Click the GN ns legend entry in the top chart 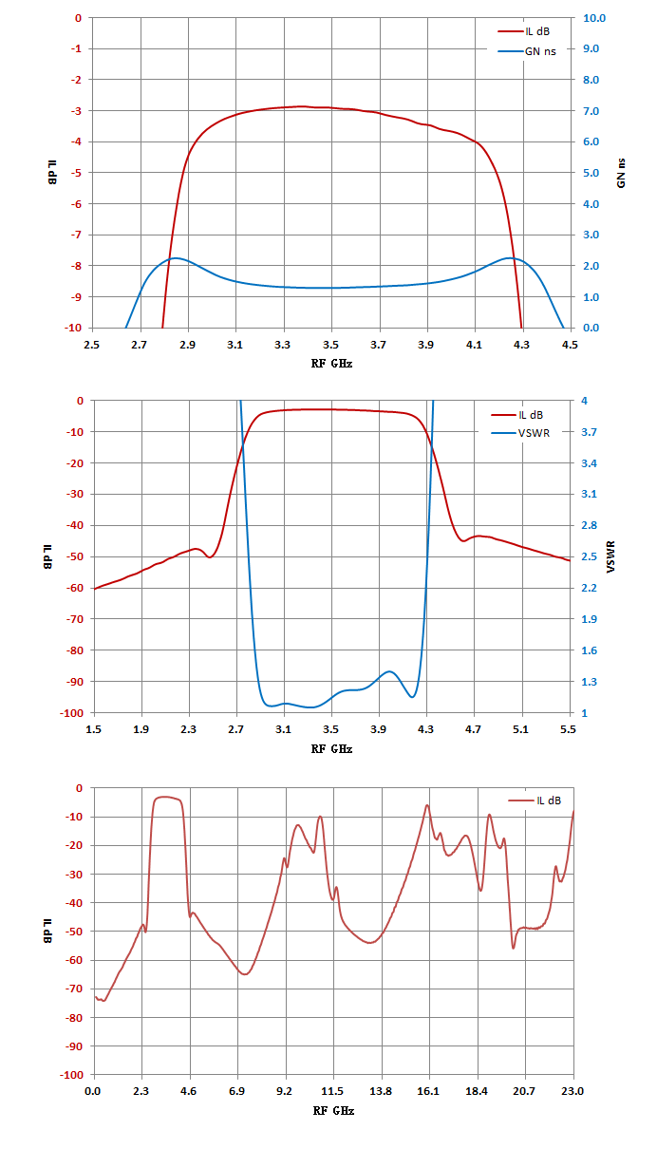pos(527,51)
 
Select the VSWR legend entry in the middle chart pos(520,433)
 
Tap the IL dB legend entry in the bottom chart pos(535,801)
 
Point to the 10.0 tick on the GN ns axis pos(594,18)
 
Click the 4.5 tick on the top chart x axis pos(570,345)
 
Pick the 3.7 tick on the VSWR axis pos(589,432)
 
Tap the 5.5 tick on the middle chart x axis pos(568,729)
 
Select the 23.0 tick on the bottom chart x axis pos(573,1091)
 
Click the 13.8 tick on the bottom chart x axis pos(381,1091)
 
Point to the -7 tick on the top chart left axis pos(76,235)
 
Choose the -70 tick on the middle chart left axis pos(74,619)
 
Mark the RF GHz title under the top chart pos(332,364)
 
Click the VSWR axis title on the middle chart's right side pos(610,556)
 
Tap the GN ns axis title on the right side pos(621,173)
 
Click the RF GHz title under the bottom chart pos(333,1110)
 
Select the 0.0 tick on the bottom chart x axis pos(93,1091)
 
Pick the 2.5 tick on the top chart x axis pos(91,345)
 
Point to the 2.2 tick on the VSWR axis pos(589,588)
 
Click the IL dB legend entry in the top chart pos(524,31)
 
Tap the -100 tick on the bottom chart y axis pos(71,1075)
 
